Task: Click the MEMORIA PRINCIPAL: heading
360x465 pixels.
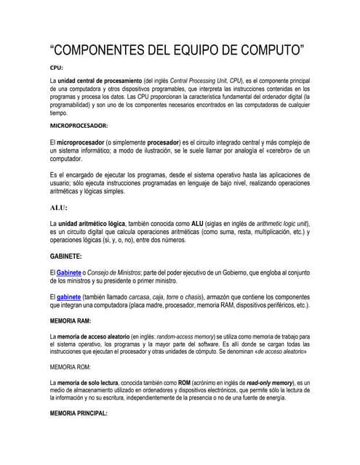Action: [79, 413]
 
